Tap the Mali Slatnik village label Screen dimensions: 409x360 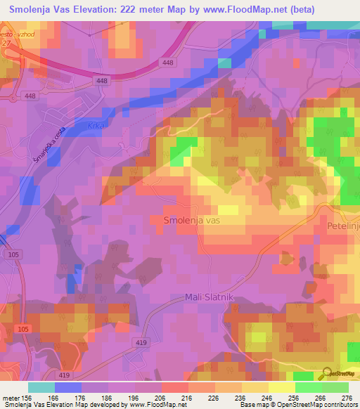click(208, 297)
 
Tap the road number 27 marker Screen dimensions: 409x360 click(7, 42)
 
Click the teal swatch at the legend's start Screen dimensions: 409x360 click(41, 387)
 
